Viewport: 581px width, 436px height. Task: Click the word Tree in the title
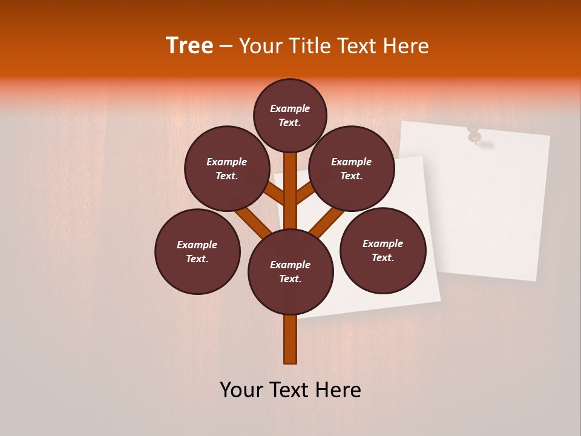189,46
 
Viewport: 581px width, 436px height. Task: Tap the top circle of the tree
290,115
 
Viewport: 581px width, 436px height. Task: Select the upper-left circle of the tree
227,168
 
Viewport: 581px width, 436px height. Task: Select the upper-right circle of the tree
352,168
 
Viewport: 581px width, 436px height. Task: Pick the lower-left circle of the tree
197,251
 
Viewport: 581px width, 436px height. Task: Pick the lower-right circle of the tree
383,250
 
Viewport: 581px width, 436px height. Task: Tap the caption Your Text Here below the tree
290,390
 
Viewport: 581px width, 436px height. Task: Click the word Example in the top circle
290,108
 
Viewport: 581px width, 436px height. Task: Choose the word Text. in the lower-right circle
382,257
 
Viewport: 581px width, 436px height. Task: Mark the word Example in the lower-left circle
197,245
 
